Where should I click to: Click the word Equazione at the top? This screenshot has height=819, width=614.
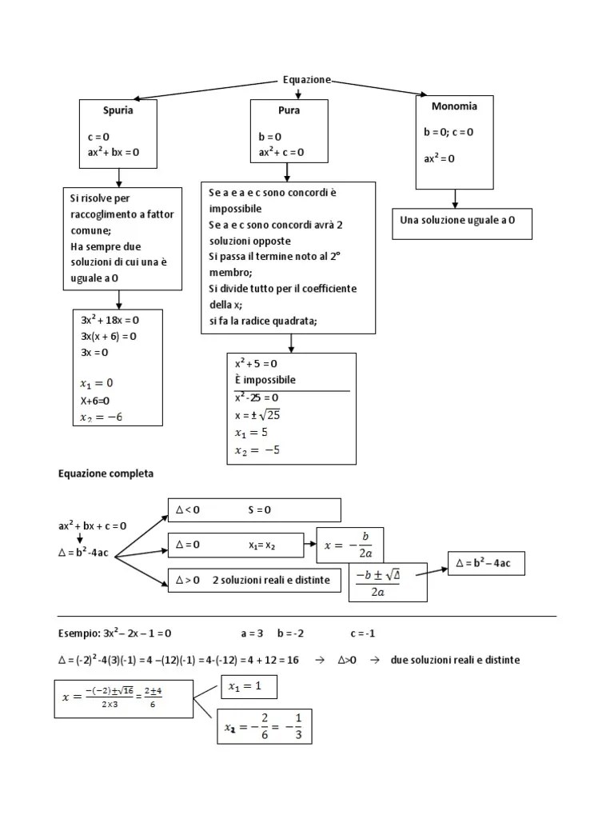306,80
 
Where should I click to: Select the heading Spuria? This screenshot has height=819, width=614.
118,110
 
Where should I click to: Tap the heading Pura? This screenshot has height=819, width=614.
289,110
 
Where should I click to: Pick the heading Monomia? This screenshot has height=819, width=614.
454,106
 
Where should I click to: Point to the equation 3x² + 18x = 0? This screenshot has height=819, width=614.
110,320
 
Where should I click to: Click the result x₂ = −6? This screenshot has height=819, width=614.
102,417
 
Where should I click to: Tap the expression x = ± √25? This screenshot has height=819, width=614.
258,415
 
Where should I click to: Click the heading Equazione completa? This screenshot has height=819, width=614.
106,473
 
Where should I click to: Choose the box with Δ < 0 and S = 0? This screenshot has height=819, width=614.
254,509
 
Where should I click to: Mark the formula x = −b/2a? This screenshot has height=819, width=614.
350,545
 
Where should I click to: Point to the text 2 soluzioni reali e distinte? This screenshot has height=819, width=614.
271,580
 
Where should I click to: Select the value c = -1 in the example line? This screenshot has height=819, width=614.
362,633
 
